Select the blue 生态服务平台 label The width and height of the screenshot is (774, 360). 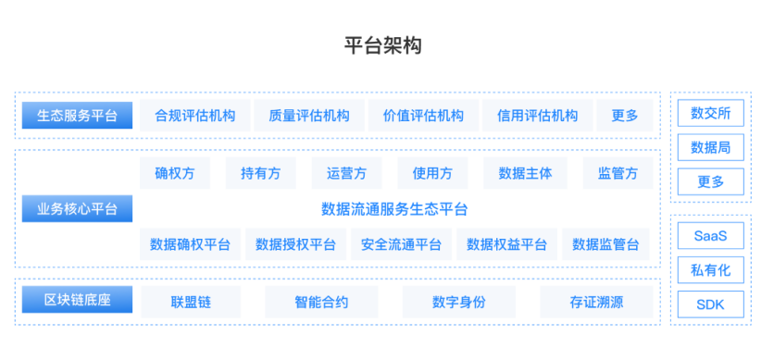point(78,116)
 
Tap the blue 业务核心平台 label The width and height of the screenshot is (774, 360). point(78,209)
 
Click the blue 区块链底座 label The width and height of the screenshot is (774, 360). point(78,301)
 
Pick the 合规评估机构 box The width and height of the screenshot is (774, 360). point(194,116)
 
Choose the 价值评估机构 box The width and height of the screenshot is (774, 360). point(423,116)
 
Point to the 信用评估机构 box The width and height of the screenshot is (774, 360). point(537,116)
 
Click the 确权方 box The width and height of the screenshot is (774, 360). point(174,173)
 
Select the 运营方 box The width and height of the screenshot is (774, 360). point(346,173)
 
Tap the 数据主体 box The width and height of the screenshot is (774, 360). point(525,173)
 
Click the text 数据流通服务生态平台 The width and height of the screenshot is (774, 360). point(394,209)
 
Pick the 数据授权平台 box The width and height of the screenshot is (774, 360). point(295,244)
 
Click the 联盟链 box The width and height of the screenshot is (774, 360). point(191,302)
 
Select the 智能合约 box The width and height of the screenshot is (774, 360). point(321,302)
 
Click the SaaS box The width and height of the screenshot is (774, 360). point(710,236)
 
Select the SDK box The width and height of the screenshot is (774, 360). point(710,304)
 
